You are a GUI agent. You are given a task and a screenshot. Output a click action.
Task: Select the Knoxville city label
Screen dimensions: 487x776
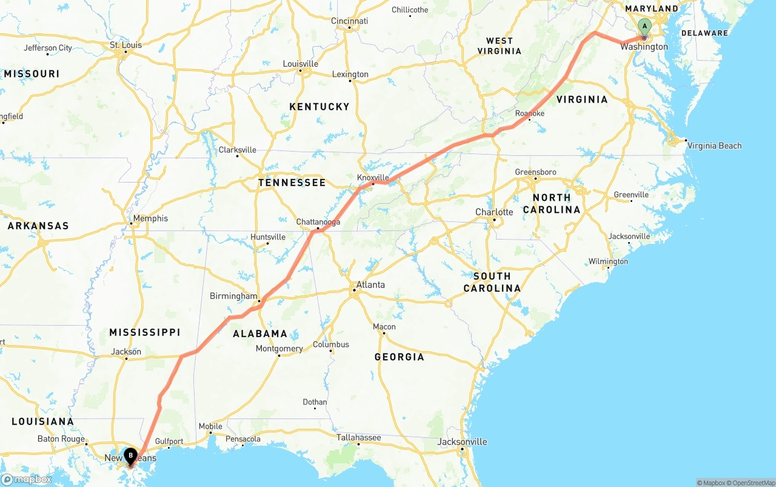pyautogui.click(x=373, y=177)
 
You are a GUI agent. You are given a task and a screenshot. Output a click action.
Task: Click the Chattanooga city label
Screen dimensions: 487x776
pyautogui.click(x=318, y=222)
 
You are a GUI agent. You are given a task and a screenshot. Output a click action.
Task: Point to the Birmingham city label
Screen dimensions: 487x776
pyautogui.click(x=233, y=296)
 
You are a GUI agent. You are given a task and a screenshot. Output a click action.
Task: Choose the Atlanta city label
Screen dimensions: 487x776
pyautogui.click(x=370, y=284)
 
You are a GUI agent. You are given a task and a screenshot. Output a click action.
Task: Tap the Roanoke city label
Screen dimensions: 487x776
pyautogui.click(x=529, y=113)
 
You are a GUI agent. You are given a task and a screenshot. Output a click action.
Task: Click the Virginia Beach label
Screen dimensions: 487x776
pyautogui.click(x=714, y=146)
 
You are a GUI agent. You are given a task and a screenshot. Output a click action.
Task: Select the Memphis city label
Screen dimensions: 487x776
pyautogui.click(x=151, y=218)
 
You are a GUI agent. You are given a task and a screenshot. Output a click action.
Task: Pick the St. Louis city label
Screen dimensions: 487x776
pyautogui.click(x=125, y=45)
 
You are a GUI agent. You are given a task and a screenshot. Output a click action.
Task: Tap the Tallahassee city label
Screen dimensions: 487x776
pyautogui.click(x=359, y=437)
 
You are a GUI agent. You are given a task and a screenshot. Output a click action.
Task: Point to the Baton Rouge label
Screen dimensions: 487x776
pyautogui.click(x=61, y=438)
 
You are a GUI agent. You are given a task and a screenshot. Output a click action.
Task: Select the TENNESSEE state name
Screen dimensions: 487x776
pyautogui.click(x=292, y=183)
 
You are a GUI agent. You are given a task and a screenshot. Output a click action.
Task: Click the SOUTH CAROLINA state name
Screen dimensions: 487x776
pyautogui.click(x=492, y=282)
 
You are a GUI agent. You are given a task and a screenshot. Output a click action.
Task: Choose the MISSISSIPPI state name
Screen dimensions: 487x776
pyautogui.click(x=145, y=332)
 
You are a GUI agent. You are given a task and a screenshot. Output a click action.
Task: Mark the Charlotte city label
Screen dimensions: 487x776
pyautogui.click(x=494, y=212)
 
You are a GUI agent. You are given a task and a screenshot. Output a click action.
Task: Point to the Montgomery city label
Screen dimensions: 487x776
pyautogui.click(x=279, y=349)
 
